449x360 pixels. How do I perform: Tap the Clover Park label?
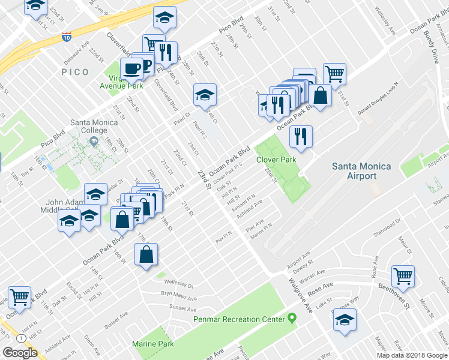click(x=276, y=160)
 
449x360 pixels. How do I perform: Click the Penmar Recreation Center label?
click(x=238, y=319)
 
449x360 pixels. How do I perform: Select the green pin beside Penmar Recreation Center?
click(x=292, y=317)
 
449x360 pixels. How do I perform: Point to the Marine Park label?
click(x=153, y=344)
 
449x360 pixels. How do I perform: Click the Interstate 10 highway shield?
click(x=66, y=37)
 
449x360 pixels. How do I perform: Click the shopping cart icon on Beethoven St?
click(x=403, y=276)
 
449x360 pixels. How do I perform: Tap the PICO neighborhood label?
click(x=75, y=72)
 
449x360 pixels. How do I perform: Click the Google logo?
click(x=20, y=352)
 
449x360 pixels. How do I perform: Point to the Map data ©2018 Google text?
click(x=412, y=355)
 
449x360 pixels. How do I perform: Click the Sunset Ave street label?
click(x=183, y=309)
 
